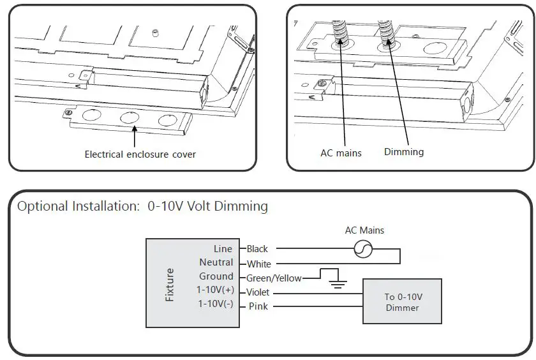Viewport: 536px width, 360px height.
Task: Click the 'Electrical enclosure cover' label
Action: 140,154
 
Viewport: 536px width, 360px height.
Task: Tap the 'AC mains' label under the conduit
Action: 341,153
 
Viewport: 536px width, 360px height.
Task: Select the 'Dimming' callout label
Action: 403,152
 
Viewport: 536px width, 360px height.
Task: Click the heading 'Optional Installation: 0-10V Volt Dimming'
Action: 142,206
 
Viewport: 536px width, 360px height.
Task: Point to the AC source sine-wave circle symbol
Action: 363,250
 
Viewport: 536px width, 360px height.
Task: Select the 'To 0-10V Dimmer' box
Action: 402,302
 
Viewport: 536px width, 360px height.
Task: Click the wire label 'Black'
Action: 257,249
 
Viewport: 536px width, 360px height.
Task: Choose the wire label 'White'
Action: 258,264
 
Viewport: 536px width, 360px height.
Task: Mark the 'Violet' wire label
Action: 258,292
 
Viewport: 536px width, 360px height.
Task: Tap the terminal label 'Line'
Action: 223,249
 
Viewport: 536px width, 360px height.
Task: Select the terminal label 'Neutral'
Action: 216,262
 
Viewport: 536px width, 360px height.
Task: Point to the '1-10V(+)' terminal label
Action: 215,290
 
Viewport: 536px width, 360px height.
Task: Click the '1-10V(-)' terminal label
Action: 215,304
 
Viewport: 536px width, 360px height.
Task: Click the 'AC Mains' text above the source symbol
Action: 364,230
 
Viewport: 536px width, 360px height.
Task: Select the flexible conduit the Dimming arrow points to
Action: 385,32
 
